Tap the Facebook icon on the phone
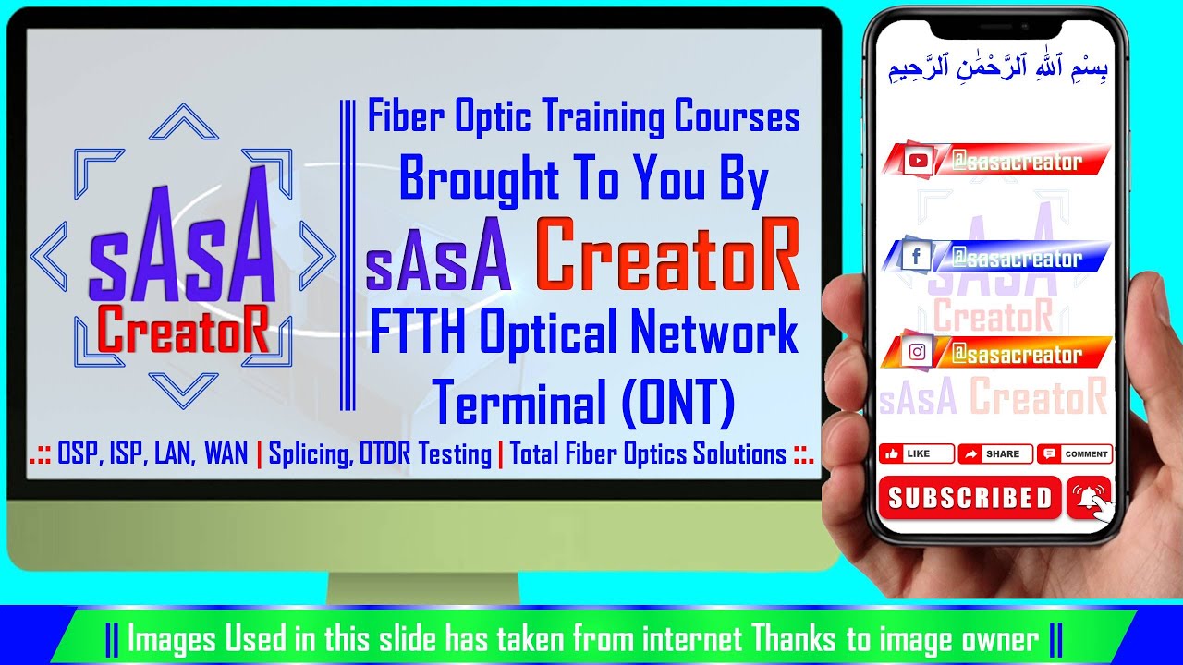click(916, 257)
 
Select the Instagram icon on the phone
click(917, 352)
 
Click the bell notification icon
click(1089, 499)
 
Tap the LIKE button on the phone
click(915, 453)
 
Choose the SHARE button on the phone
click(994, 453)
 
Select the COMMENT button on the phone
click(1076, 453)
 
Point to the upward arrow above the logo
click(183, 121)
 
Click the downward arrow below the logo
click(183, 387)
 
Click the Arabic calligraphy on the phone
click(997, 69)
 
